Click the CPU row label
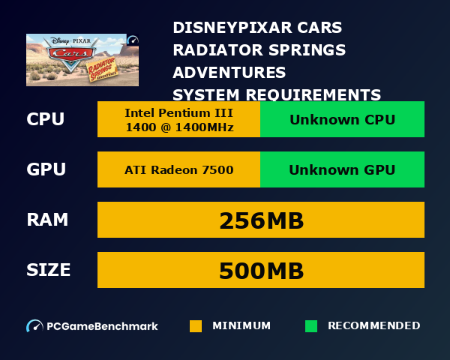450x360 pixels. (46, 120)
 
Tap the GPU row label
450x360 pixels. (46, 169)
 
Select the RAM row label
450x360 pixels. (47, 220)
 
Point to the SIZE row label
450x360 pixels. (49, 270)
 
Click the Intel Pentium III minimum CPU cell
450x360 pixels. (178, 120)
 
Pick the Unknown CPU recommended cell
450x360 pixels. (342, 120)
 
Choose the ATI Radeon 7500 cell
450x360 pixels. (178, 169)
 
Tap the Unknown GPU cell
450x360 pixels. (342, 169)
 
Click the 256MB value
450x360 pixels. (261, 220)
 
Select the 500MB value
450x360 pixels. (261, 270)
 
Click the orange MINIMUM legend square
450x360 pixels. (196, 326)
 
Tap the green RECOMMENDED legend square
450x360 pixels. (311, 326)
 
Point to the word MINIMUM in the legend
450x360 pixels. (241, 326)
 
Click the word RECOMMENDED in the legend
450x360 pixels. (373, 326)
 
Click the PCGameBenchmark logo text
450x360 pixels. (102, 326)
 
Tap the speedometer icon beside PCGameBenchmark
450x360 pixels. (34, 326)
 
